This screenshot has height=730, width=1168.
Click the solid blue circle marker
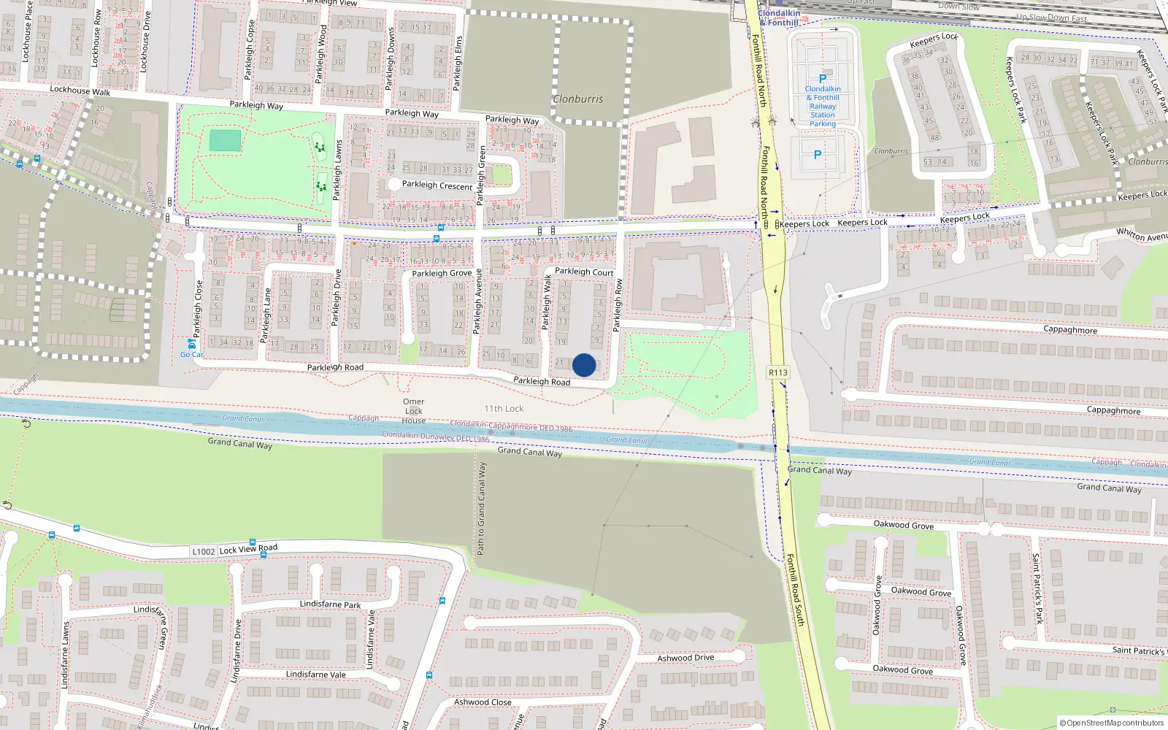point(584,365)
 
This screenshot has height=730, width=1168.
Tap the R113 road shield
point(778,372)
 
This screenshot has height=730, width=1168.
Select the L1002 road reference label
point(204,551)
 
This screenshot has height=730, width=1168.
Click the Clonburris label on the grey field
point(577,99)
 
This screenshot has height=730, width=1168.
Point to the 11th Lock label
point(504,409)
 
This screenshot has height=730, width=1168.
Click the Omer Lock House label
point(413,411)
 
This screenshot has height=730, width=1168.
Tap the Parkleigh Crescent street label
point(437,185)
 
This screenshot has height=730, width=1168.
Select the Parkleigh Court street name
point(584,272)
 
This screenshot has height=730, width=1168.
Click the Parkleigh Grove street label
point(442,273)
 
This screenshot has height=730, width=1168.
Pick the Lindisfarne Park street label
point(330,604)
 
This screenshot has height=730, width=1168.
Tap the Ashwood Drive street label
point(685,658)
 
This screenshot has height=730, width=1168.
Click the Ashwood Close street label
point(483,702)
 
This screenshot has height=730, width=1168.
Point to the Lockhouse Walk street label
point(80,91)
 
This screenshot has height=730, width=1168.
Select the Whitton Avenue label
point(1142,234)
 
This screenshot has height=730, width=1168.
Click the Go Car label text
point(191,355)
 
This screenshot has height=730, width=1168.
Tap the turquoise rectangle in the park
point(225,141)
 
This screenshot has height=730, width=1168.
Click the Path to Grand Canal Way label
point(481,508)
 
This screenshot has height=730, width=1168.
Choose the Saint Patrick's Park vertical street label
point(1037,588)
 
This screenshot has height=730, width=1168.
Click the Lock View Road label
point(248,549)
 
